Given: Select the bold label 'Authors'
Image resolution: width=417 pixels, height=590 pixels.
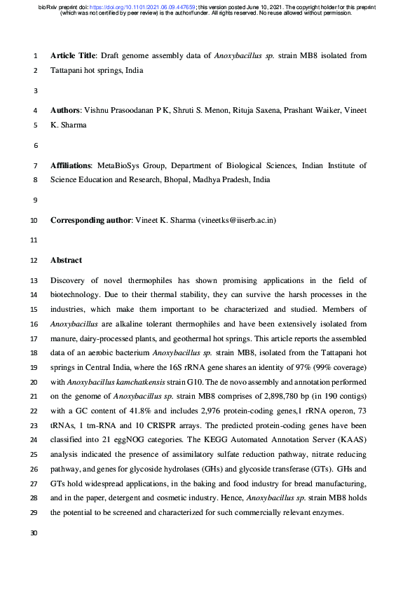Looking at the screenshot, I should pos(65,111).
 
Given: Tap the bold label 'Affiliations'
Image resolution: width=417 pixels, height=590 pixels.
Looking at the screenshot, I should pos(71,166).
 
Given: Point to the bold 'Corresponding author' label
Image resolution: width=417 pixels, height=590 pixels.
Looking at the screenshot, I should pos(90,221).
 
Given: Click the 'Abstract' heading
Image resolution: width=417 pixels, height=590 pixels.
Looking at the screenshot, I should pos(66,261).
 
